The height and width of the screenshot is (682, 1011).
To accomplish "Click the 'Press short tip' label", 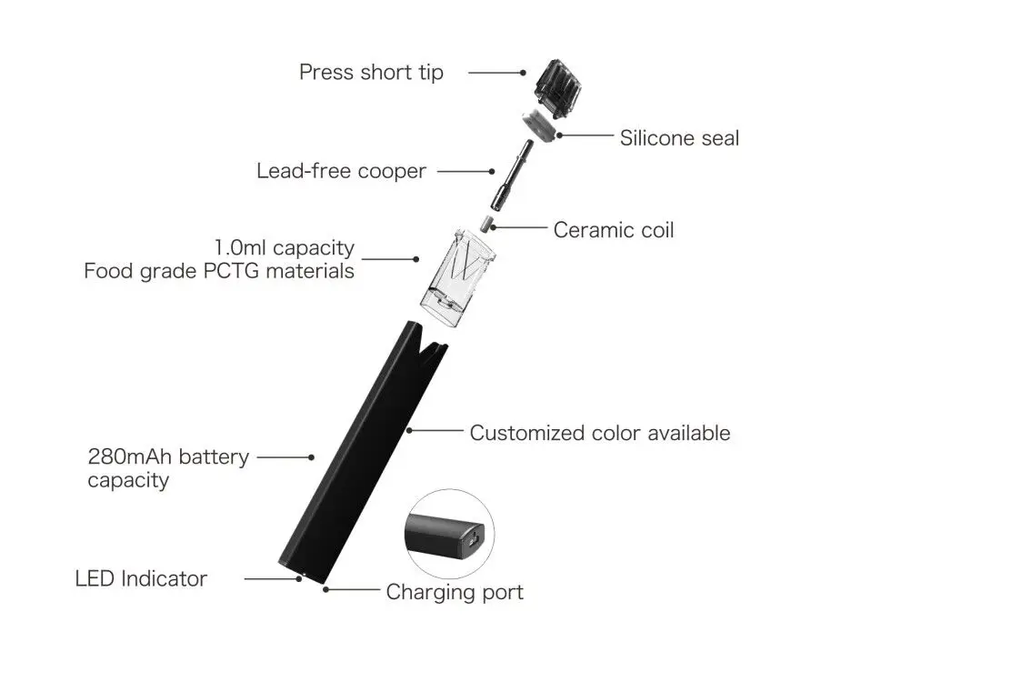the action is [x=371, y=73].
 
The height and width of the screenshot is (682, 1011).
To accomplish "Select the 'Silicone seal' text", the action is [x=679, y=138].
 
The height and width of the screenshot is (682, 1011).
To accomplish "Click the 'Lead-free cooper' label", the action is [x=341, y=171].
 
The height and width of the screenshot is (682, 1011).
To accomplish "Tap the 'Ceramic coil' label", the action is [x=614, y=230].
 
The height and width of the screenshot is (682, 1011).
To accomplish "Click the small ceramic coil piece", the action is [x=485, y=223].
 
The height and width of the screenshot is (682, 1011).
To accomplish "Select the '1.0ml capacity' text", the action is [x=285, y=248].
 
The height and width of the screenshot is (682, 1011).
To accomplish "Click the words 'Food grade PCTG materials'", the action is [x=219, y=271].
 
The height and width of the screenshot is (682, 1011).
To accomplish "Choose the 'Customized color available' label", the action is [x=599, y=433].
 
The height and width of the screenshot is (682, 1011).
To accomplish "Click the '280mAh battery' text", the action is [x=168, y=456].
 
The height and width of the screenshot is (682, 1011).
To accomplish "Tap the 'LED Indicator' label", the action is [x=141, y=578].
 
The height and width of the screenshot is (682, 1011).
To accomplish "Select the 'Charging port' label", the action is [x=455, y=593].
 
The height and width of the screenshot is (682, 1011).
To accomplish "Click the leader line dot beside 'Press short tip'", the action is [x=524, y=73].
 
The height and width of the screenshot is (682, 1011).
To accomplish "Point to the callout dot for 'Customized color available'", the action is [x=410, y=428].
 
